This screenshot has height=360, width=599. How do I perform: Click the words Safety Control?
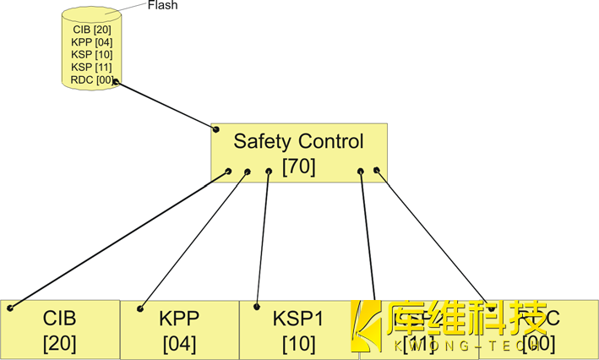click(298, 141)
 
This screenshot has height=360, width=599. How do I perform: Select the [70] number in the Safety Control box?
click(298, 166)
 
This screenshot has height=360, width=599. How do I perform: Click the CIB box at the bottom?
click(59, 330)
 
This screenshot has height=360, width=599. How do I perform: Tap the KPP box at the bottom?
click(178, 330)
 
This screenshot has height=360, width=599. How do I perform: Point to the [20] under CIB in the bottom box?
click(59, 343)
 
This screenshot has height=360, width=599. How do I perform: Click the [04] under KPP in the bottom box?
click(178, 343)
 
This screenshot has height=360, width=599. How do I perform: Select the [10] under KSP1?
click(298, 343)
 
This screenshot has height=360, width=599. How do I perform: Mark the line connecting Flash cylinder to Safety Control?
click(166, 106)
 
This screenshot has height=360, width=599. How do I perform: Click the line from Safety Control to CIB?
click(123, 239)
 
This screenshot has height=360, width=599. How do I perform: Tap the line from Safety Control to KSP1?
click(263, 239)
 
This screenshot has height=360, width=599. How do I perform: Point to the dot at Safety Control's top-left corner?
click(216, 129)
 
